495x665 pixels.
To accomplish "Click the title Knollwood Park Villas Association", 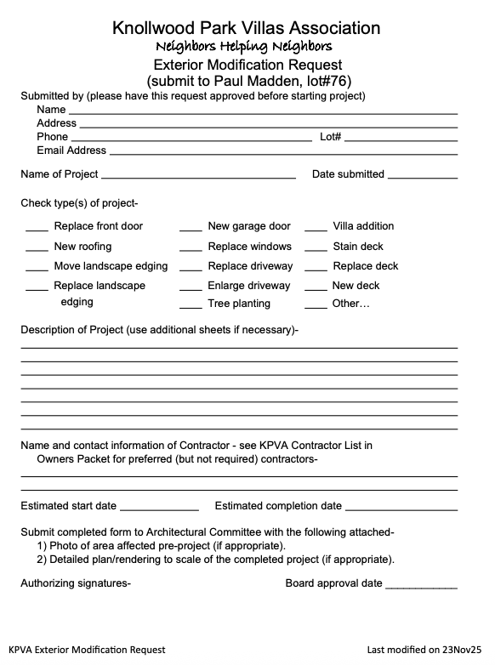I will (x=247, y=28).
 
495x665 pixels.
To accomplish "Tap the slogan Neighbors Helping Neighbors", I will (x=245, y=46).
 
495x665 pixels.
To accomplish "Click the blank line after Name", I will (x=263, y=111).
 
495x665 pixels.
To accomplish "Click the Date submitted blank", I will (x=423, y=176).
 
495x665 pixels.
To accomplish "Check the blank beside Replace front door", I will (x=37, y=229).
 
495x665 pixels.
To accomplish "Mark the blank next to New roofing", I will (x=37, y=249).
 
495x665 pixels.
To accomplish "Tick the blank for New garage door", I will (x=191, y=229).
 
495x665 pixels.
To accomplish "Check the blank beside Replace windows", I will (x=191, y=249).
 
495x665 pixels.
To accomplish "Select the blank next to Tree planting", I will (x=191, y=306).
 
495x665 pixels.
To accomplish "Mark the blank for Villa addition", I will (x=316, y=229).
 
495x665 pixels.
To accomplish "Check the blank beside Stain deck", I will (x=316, y=249).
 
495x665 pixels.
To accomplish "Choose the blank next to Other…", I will (x=316, y=306).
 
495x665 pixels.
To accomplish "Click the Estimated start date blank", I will (x=159, y=508).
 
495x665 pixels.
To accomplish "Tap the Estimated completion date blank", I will (x=401, y=508).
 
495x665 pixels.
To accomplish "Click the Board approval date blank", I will (x=421, y=586).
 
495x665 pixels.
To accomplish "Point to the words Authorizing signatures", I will (x=76, y=583).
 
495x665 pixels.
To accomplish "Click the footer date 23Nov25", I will (x=461, y=650).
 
